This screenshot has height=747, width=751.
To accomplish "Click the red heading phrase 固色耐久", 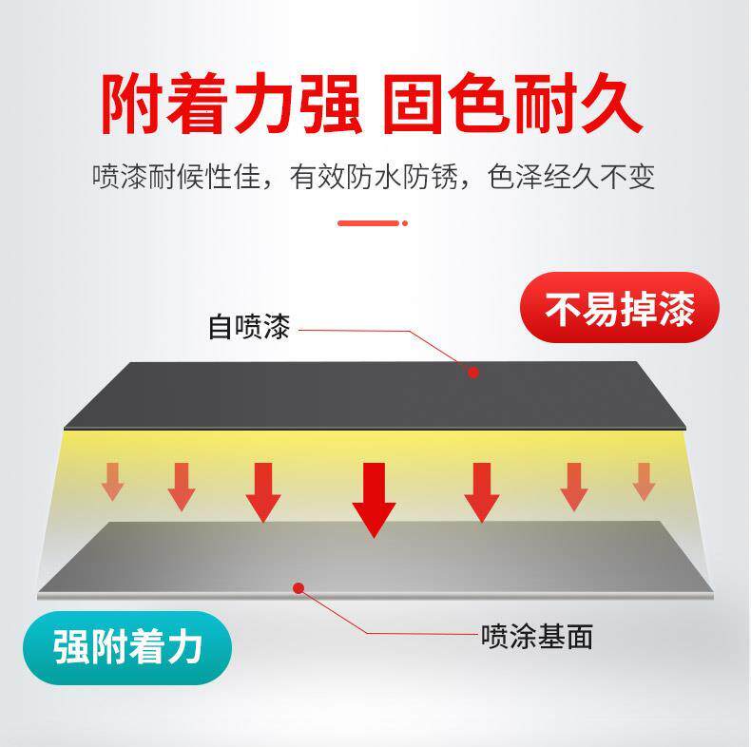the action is pos(512,103).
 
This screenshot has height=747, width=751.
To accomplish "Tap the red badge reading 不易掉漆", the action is pos(619,309).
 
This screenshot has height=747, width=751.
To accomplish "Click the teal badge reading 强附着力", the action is pos(128,648).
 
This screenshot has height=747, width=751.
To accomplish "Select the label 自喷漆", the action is pos(248,329).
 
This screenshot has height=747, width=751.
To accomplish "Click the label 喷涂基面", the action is pos(537,636).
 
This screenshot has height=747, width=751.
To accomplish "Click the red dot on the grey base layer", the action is pos(298,588).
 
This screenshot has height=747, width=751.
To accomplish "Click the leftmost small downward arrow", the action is pos(112,481).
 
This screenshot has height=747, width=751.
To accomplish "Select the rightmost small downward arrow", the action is pos(644,481).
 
